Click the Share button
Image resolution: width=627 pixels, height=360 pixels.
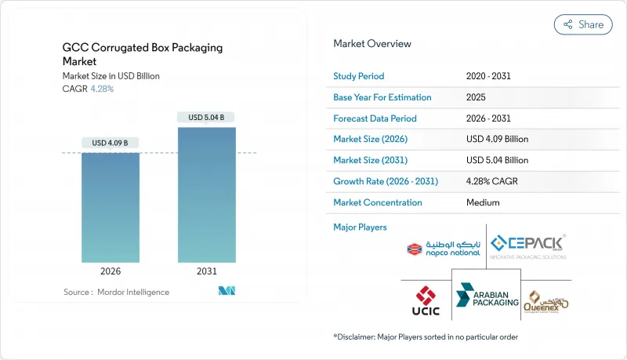coord(583,24)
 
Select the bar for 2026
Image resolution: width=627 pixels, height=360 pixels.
coord(111,207)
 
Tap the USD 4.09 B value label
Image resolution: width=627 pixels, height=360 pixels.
coord(111,143)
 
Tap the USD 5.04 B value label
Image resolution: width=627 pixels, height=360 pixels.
coord(207,118)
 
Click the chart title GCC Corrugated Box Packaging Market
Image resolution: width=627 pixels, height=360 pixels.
coord(142,54)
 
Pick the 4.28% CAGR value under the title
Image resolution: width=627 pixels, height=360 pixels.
coord(101,89)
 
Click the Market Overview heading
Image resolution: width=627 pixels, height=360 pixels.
coord(372,44)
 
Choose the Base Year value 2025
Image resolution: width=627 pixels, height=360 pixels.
coord(476,97)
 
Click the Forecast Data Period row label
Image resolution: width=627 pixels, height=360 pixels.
coord(375,118)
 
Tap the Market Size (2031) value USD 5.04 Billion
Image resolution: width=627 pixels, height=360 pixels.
coord(497,160)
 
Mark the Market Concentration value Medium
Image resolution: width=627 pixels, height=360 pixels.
coord(483,202)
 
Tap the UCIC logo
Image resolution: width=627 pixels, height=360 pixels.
coord(426,301)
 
